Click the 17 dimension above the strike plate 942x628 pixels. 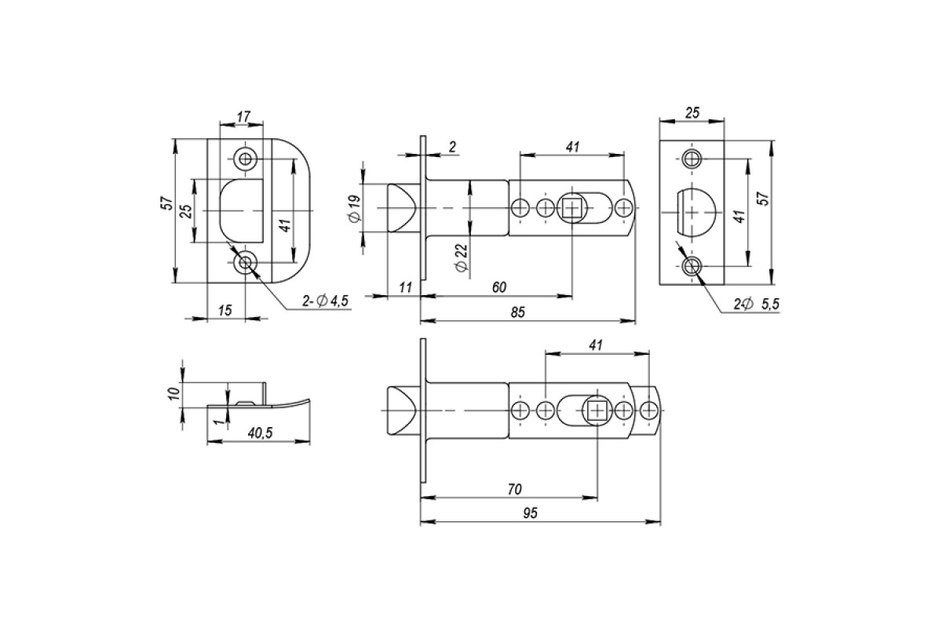click(243, 116)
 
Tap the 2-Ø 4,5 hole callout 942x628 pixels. click(326, 301)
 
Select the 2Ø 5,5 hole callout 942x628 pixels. click(757, 304)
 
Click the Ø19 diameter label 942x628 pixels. click(355, 208)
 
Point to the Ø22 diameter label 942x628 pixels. click(462, 257)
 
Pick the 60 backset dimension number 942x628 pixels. click(499, 287)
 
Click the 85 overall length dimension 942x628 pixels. click(517, 312)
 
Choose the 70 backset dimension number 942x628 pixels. click(514, 489)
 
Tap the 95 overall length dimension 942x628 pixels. click(531, 513)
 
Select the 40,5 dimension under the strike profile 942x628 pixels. click(261, 433)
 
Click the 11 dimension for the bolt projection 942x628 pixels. click(405, 288)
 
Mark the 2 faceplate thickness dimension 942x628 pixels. click(452, 147)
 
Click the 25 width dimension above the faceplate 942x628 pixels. click(692, 113)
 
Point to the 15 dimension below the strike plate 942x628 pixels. click(225, 310)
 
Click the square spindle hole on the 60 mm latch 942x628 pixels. click(572, 208)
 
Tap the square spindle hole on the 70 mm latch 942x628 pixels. click(597, 410)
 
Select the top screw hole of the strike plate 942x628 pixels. click(245, 159)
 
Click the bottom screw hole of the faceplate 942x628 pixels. click(691, 266)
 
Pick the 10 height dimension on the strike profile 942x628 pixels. click(175, 393)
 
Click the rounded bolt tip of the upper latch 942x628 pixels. click(402, 208)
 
